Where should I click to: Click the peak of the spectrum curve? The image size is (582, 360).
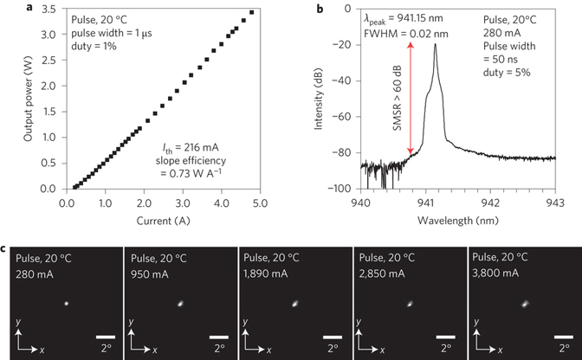(434, 46)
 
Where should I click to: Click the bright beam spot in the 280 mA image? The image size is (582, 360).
(65, 303)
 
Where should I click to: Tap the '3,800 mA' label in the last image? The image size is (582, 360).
(500, 273)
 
